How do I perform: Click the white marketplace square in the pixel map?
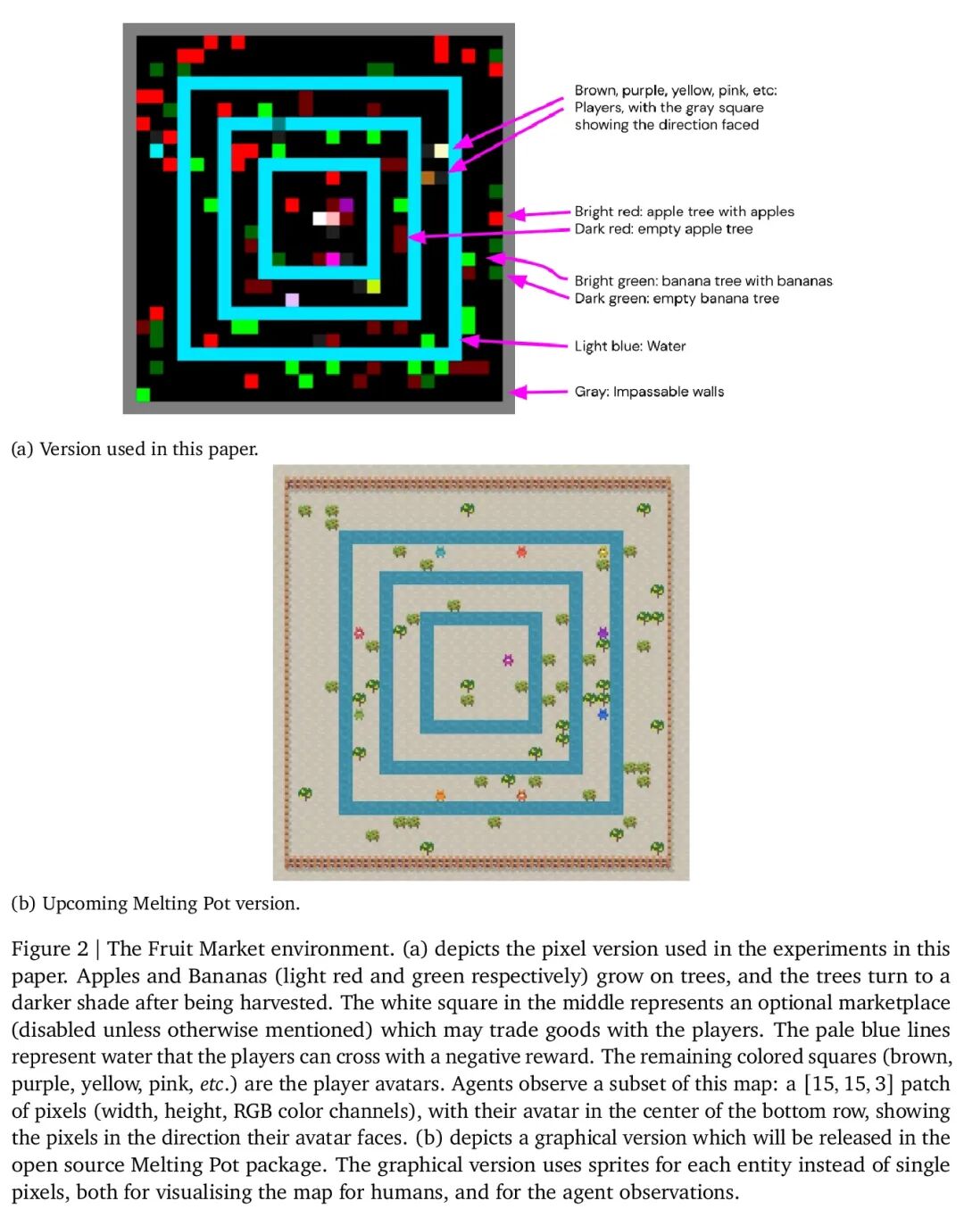pyautogui.click(x=320, y=218)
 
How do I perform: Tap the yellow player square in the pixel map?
pyautogui.click(x=373, y=286)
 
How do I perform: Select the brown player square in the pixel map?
pyautogui.click(x=428, y=178)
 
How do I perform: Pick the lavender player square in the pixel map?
pyautogui.click(x=292, y=300)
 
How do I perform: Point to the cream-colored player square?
pyautogui.click(x=441, y=150)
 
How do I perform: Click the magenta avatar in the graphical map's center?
pyautogui.click(x=508, y=659)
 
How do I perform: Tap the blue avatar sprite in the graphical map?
pyautogui.click(x=603, y=714)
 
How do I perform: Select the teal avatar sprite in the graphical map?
pyautogui.click(x=440, y=551)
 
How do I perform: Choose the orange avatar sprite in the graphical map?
pyautogui.click(x=440, y=795)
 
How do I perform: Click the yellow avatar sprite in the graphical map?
pyautogui.click(x=603, y=551)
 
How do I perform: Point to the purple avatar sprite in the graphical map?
pyautogui.click(x=603, y=633)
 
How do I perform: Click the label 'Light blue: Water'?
pyautogui.click(x=629, y=346)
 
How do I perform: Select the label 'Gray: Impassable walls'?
pyautogui.click(x=649, y=392)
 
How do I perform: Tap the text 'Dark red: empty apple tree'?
pyautogui.click(x=663, y=229)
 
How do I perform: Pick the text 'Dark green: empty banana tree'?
pyautogui.click(x=677, y=299)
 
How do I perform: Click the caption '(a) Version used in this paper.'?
pyautogui.click(x=135, y=449)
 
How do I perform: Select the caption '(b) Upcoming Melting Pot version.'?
pyautogui.click(x=155, y=903)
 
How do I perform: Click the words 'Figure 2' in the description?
pyautogui.click(x=50, y=948)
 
